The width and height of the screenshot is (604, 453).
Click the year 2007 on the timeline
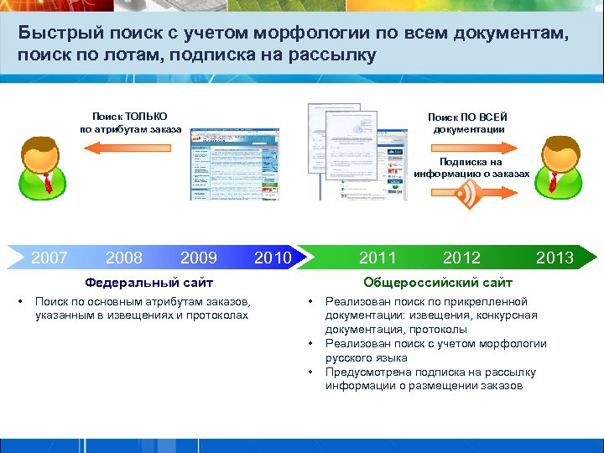click(x=49, y=258)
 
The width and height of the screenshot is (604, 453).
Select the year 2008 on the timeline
click(x=124, y=258)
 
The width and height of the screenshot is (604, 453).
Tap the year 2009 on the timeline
click(x=199, y=258)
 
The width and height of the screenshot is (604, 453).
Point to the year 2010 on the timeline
click(x=272, y=258)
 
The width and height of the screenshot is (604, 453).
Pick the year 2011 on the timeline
click(x=377, y=258)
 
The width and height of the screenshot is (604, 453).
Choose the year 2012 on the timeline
click(x=461, y=258)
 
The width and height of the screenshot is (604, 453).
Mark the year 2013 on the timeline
click(x=555, y=258)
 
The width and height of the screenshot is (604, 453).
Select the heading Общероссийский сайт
click(x=437, y=283)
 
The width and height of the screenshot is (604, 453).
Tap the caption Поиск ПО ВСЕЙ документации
click(x=467, y=122)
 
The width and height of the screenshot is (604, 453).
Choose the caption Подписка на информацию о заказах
click(x=471, y=168)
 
